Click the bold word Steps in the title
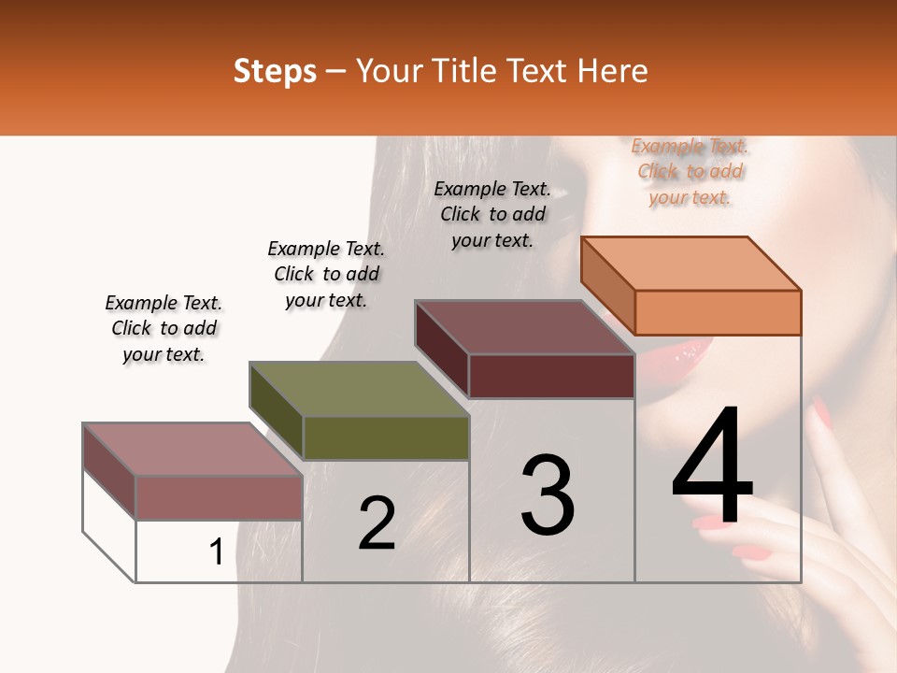pos(275,71)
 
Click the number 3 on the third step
pos(547,495)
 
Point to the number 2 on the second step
pos(377,523)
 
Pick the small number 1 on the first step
pos(216,552)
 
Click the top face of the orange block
pos(691,263)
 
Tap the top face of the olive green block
pos(359,389)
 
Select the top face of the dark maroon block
pos(524,327)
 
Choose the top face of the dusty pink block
pos(192,449)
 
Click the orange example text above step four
pos(690,171)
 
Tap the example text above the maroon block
pos(492,214)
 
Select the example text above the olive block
pos(326,274)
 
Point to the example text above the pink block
pos(164,328)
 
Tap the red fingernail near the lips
pos(819,412)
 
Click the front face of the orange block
pos(718,312)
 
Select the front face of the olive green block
pos(386,438)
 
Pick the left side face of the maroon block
pos(441,348)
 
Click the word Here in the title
pos(613,71)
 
